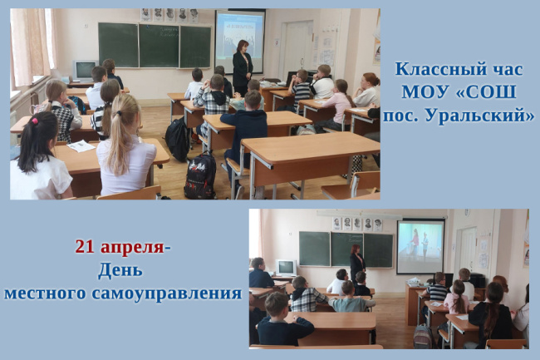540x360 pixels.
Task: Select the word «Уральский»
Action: [479, 116]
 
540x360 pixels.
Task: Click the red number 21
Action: [85, 247]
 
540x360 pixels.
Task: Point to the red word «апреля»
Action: [132, 249]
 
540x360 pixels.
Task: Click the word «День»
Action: [120, 270]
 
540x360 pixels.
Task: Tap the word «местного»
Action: [45, 293]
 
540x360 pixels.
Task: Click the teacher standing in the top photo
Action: [243, 67]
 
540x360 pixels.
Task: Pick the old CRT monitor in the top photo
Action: [85, 71]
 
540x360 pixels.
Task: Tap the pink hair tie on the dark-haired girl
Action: [34, 121]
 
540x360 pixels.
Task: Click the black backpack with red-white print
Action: [200, 176]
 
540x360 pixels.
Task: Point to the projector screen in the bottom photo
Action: [420, 246]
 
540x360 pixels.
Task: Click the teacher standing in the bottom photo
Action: [357, 264]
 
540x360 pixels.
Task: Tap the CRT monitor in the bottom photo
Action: [286, 268]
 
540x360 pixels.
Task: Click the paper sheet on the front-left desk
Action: [81, 146]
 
